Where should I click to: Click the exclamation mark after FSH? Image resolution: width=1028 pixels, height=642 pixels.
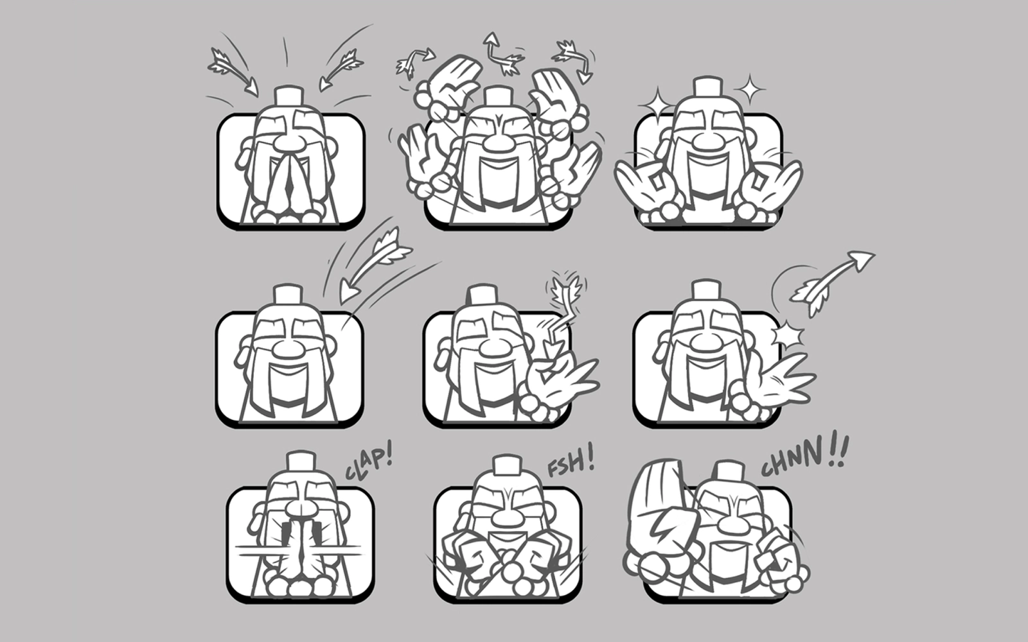[589, 456]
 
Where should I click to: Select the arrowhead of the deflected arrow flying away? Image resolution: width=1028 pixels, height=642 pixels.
[862, 259]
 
